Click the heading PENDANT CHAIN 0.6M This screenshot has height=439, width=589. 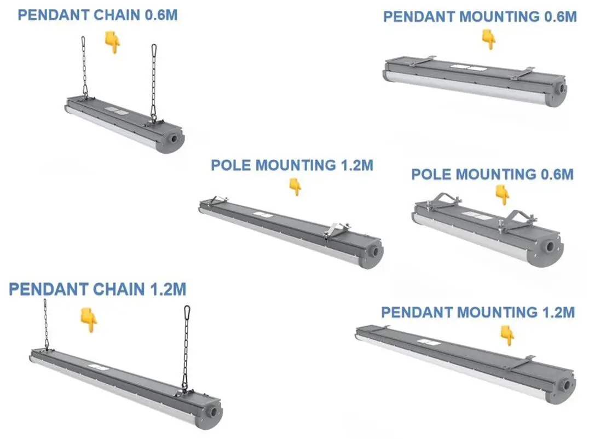[97, 15]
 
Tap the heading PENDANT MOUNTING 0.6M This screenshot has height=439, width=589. [480, 17]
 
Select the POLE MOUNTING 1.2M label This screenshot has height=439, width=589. [292, 165]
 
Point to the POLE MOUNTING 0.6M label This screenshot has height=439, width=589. [492, 175]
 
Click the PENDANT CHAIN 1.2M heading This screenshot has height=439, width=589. [97, 289]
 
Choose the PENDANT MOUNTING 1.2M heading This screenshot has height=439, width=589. [478, 313]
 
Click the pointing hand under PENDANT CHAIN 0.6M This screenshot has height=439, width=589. [113, 42]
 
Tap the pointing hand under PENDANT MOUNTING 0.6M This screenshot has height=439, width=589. [488, 39]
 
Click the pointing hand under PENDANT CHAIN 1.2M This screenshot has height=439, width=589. [88, 320]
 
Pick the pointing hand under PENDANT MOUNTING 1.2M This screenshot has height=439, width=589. [507, 335]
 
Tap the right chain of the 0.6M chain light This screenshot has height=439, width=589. [154, 82]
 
